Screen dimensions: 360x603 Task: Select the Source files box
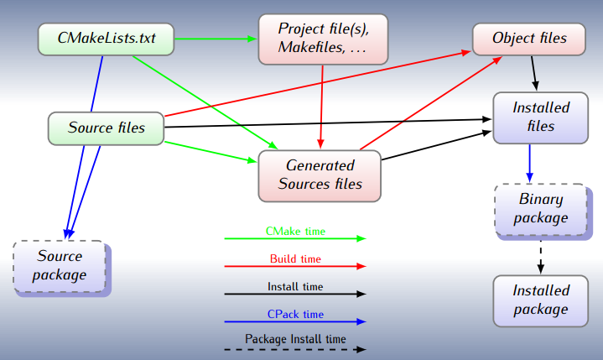tap(106, 128)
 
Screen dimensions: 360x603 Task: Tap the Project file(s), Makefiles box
tap(323, 39)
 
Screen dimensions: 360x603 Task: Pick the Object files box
tap(528, 39)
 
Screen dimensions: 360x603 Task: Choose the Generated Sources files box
tap(320, 175)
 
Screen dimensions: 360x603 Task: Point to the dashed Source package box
tap(60, 265)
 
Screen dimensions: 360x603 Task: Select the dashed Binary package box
tap(540, 209)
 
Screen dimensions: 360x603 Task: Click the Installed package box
tap(540, 300)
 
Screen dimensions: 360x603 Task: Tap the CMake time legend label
tap(295, 231)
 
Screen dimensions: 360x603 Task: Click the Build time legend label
tap(295, 259)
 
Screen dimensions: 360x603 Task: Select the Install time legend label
tap(295, 287)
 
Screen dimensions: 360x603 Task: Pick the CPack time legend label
tap(295, 315)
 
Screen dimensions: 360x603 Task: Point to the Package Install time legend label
tap(295, 340)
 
